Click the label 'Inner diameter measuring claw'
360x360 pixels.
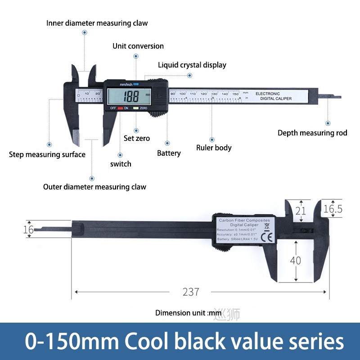click(97, 23)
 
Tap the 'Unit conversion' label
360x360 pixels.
click(138, 46)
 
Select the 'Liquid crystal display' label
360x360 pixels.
click(192, 65)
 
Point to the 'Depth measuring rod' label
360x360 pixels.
click(312, 133)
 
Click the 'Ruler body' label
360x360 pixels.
click(214, 147)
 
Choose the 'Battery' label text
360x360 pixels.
click(169, 153)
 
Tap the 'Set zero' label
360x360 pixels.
click(137, 138)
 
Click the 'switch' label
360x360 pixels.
click(121, 164)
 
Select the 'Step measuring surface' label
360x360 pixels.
click(47, 154)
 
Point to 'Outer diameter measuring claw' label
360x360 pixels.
click(94, 187)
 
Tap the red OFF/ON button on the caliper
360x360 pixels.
click(120, 108)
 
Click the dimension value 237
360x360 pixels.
click(191, 292)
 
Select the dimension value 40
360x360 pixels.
click(296, 260)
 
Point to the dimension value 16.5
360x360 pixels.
click(333, 208)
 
